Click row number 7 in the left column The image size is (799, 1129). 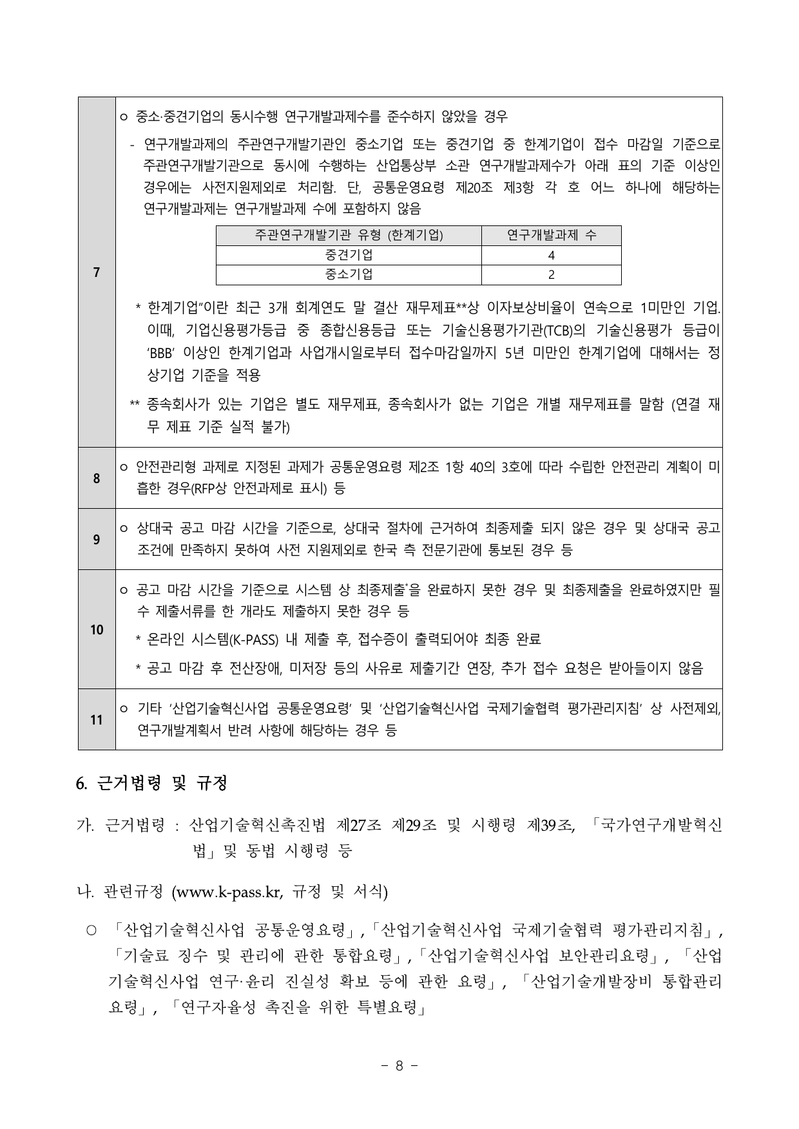click(96, 272)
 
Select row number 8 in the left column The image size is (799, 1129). click(96, 478)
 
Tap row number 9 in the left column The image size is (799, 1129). click(96, 539)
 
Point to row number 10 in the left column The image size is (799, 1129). click(96, 629)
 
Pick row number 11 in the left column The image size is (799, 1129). click(96, 719)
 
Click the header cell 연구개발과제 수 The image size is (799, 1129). click(551, 236)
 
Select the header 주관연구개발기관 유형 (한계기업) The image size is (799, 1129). click(349, 236)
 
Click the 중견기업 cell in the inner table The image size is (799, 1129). click(349, 255)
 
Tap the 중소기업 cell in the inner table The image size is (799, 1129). click(349, 274)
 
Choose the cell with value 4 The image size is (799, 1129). click(551, 255)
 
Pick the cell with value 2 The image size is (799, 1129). click(551, 274)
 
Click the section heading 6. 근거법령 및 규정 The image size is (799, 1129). click(151, 784)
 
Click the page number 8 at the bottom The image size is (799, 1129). click(399, 1065)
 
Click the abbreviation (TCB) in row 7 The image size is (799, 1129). click(559, 330)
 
